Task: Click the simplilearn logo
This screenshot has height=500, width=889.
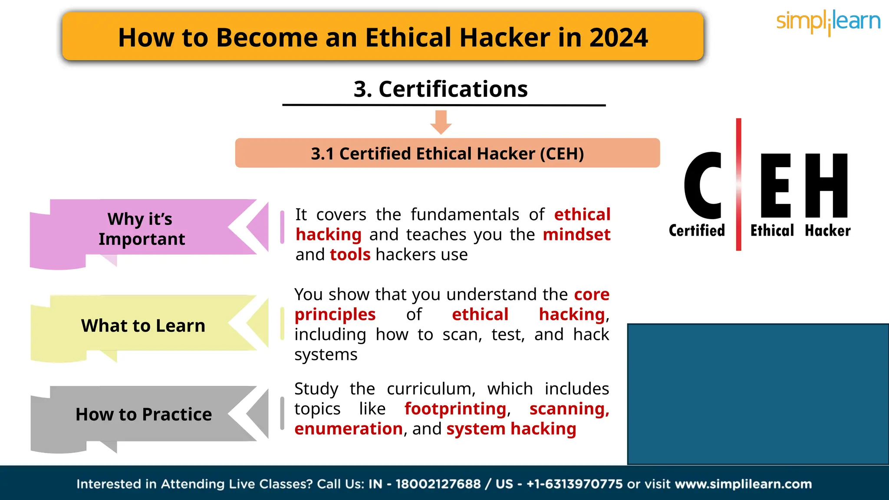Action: tap(828, 22)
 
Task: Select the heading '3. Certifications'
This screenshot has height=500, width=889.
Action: tap(441, 89)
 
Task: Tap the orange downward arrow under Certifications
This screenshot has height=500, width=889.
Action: tap(441, 122)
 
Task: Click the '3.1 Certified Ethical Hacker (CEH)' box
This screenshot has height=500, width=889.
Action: tap(447, 153)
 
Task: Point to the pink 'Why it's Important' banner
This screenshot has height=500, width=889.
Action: tap(143, 229)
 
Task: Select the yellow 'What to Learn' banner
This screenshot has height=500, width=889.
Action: tap(143, 326)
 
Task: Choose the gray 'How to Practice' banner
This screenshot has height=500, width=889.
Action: tap(143, 414)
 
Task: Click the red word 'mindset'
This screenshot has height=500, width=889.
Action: tap(576, 235)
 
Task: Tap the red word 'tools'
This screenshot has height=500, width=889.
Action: tap(350, 255)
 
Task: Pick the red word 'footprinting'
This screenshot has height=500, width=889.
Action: tap(455, 409)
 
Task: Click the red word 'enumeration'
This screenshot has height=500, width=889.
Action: tap(349, 429)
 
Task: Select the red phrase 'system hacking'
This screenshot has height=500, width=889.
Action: tap(511, 429)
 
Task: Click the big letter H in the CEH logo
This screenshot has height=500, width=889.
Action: tap(826, 185)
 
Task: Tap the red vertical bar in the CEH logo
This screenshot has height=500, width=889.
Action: tap(738, 184)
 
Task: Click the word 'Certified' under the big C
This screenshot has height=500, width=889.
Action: tap(697, 230)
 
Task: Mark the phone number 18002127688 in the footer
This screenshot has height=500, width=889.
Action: tap(438, 484)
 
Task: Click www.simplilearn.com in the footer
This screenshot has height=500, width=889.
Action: tap(743, 484)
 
